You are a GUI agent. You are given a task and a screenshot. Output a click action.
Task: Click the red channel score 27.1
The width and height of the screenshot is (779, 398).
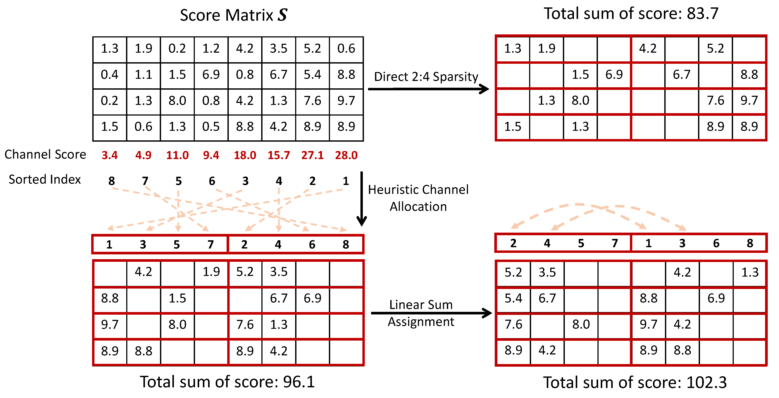pos(312,155)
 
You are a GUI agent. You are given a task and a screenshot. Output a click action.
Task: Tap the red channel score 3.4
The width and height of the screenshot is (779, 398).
pos(109,155)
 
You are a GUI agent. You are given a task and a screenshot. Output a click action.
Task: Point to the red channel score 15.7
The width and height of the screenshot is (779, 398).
pos(279,155)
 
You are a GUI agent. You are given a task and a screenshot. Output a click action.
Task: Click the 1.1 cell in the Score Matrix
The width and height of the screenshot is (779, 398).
pos(143,74)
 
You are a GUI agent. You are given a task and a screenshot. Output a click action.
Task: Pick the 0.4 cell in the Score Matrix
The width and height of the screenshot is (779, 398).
pos(109,74)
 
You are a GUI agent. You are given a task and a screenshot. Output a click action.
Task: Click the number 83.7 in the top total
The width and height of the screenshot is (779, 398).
pos(702,14)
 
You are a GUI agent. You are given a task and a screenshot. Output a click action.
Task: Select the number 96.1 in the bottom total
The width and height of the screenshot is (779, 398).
pos(299,382)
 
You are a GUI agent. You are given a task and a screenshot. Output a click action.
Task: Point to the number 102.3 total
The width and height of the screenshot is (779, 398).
pos(707,382)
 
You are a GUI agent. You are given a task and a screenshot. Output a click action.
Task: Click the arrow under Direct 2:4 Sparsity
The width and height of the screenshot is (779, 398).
pos(428,89)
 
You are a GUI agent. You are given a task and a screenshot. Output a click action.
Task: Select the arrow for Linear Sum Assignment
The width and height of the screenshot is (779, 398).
pos(431,313)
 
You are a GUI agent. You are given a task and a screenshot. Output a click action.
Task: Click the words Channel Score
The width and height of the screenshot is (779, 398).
pos(45,154)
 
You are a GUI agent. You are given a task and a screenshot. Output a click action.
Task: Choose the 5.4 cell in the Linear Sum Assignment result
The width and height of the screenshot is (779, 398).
pos(513,298)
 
